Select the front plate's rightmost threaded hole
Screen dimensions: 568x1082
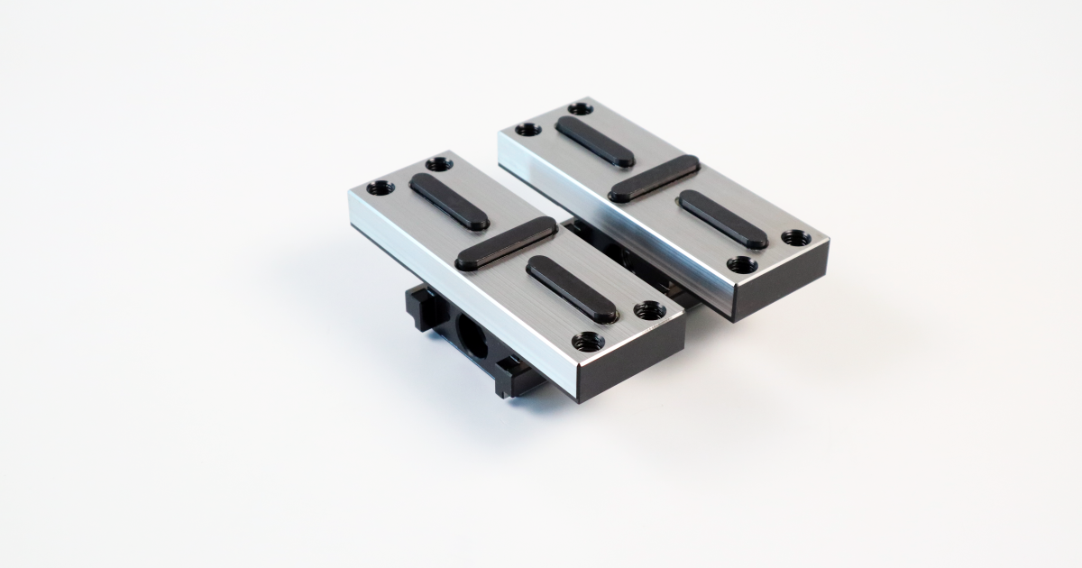[649, 310]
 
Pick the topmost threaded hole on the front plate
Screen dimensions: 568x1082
[438, 164]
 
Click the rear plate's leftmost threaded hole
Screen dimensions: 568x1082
[527, 129]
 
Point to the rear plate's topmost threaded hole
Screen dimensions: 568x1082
[582, 108]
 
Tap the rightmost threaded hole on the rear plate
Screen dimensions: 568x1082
[795, 238]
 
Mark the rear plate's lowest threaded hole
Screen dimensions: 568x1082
[742, 265]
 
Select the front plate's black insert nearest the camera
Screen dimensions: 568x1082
[572, 289]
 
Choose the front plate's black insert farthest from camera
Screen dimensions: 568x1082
[449, 201]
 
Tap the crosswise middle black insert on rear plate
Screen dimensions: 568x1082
[654, 178]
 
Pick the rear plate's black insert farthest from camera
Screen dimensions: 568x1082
[595, 142]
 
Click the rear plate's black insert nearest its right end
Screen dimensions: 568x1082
[723, 219]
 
